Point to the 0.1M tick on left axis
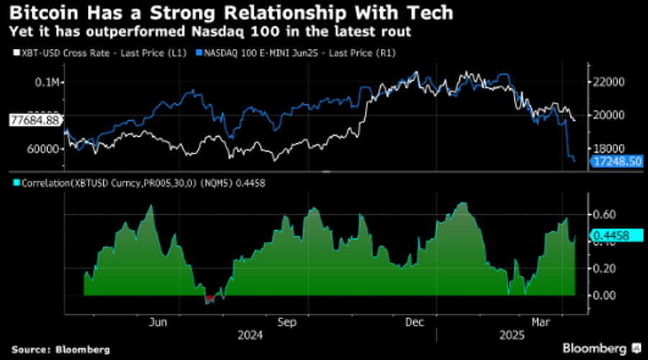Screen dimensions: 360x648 [48, 82]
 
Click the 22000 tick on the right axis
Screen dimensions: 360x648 [608, 82]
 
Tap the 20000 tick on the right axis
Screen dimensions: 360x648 [608, 115]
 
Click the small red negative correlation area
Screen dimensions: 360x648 [210, 298]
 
